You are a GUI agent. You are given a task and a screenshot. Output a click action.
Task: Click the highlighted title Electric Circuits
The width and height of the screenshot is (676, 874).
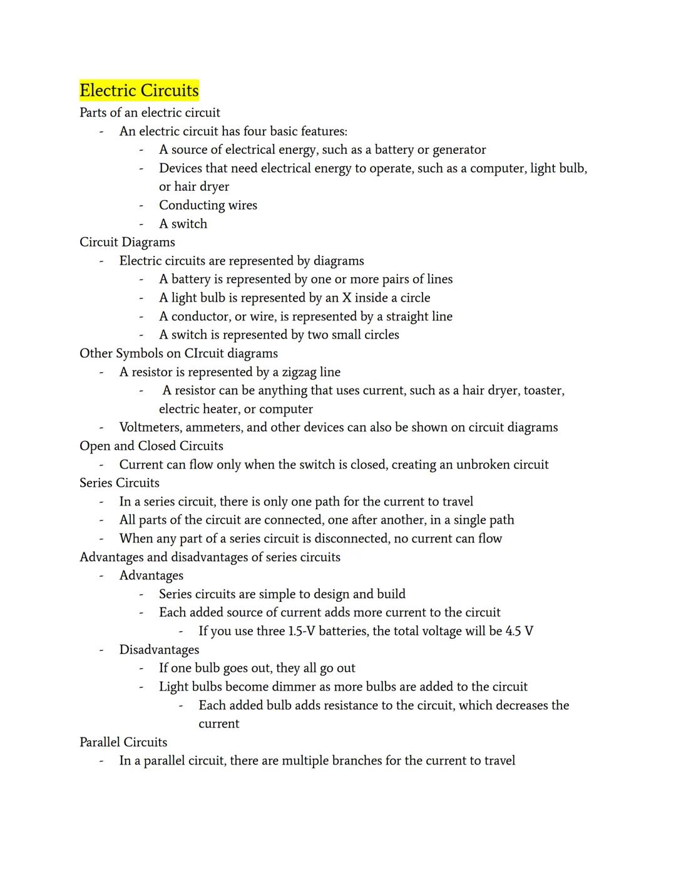tap(139, 91)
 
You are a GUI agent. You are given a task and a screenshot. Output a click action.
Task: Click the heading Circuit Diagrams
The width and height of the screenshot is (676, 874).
tap(127, 242)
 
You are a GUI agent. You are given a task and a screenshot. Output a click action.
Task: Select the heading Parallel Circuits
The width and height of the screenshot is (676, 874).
tap(123, 742)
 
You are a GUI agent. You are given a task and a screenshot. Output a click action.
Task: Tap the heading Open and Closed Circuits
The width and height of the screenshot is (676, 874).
tap(151, 446)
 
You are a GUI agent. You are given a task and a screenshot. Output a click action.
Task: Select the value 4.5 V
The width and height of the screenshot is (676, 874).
tap(519, 631)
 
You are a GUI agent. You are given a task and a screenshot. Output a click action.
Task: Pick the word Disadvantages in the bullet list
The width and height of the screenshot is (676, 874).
tap(159, 649)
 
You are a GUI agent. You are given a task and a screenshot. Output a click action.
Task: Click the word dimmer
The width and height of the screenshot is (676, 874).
tap(294, 686)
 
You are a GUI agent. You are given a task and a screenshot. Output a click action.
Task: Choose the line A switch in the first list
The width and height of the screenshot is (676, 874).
tap(183, 224)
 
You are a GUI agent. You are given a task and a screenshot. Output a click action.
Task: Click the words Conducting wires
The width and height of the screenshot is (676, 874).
tap(208, 205)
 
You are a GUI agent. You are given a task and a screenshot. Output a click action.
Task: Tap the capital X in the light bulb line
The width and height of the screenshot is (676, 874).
tap(346, 298)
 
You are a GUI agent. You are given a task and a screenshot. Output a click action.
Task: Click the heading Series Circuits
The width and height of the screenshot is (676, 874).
tap(120, 483)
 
